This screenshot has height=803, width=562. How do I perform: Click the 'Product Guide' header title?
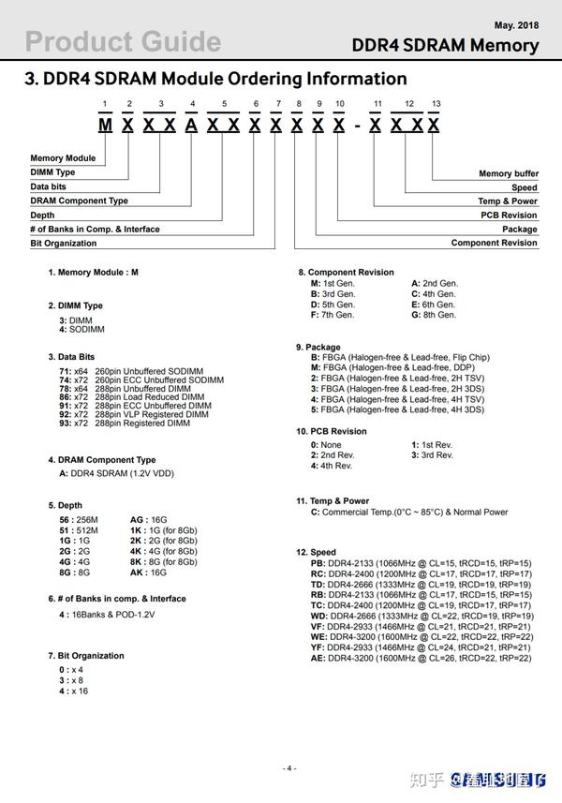(x=123, y=41)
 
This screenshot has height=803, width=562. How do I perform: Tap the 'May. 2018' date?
(x=516, y=24)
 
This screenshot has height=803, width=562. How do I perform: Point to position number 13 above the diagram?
(x=436, y=103)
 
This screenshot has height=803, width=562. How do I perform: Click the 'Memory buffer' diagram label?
(x=508, y=173)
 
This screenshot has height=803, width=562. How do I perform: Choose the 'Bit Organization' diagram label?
(x=63, y=243)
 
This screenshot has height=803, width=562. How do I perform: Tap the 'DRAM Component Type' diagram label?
(x=79, y=201)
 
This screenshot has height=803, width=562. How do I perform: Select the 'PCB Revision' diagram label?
(x=509, y=215)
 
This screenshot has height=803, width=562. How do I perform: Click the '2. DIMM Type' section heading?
(x=76, y=305)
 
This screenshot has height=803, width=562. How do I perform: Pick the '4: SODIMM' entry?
(x=81, y=330)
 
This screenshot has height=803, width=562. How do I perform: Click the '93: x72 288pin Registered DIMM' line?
(x=125, y=424)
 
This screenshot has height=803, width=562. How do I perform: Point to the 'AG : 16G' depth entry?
(x=148, y=519)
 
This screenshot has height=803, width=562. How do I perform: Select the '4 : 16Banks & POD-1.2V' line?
(x=107, y=615)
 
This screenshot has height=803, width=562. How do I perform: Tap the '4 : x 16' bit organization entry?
(x=73, y=691)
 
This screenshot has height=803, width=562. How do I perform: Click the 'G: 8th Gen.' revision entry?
(x=434, y=315)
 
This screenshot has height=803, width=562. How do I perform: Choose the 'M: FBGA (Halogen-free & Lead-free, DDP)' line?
(x=399, y=367)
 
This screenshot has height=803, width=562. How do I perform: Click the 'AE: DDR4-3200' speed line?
(x=421, y=659)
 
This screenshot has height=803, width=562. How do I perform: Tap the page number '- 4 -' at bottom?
(x=289, y=768)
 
